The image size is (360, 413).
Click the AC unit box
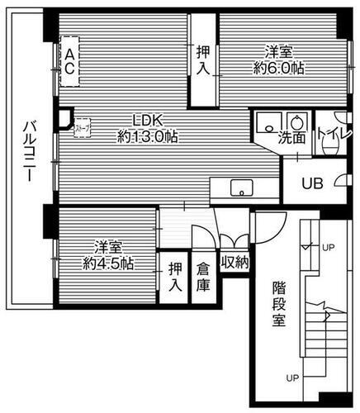point(71,62)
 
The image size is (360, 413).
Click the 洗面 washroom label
point(291,139)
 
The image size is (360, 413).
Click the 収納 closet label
point(234,263)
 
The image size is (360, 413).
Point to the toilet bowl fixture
point(332,146)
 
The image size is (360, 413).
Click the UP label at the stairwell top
point(328,247)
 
